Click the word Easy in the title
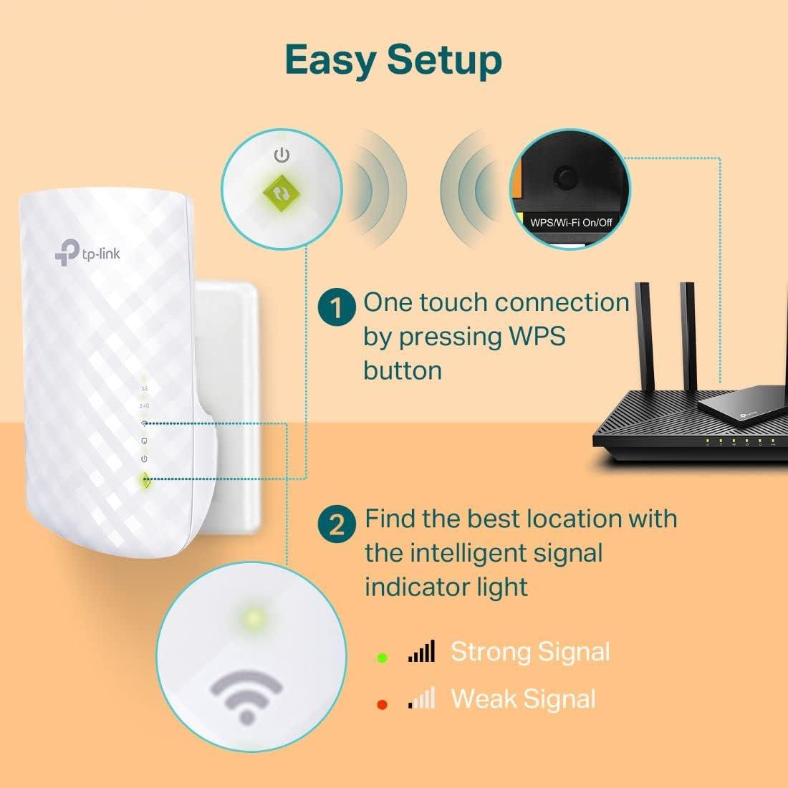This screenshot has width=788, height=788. point(330,60)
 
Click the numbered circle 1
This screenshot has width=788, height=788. point(337,309)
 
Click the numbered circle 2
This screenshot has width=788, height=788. point(337,525)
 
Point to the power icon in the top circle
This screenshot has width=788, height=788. point(282,155)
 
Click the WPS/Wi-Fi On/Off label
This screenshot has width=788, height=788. point(571,222)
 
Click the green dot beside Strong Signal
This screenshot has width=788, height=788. point(382,657)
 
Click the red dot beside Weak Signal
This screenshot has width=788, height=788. point(382,705)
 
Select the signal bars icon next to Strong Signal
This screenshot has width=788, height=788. point(421,652)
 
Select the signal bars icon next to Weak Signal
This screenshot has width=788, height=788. point(421,698)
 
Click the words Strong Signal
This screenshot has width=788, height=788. point(530,652)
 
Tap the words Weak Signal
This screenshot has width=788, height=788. point(523,699)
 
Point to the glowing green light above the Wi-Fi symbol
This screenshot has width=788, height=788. point(251,617)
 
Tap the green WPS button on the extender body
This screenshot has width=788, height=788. point(145,481)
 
